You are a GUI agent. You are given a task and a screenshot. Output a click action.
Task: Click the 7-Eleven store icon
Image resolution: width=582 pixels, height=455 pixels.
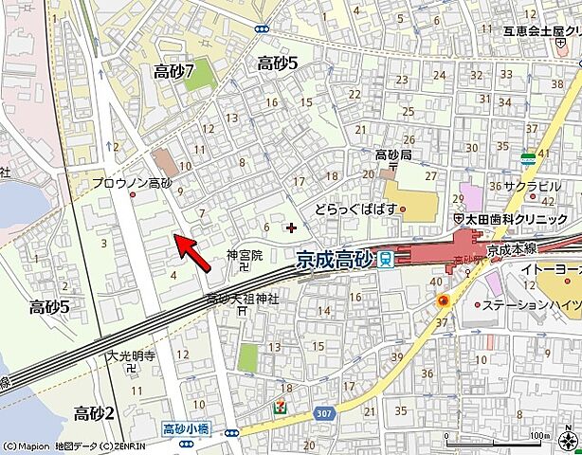282,406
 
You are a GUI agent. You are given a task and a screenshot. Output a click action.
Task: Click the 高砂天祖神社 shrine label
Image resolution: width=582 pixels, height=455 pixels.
243,299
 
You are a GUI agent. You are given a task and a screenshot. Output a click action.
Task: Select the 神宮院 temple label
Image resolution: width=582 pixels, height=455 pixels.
244,255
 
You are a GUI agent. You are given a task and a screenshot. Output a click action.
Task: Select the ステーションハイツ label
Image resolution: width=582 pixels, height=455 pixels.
531,306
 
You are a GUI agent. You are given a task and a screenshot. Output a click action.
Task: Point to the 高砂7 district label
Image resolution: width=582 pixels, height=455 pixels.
173,70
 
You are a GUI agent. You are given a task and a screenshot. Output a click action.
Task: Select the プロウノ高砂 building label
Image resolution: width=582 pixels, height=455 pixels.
132,182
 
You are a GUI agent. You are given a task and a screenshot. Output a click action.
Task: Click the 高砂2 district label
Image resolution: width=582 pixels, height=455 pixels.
95,412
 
